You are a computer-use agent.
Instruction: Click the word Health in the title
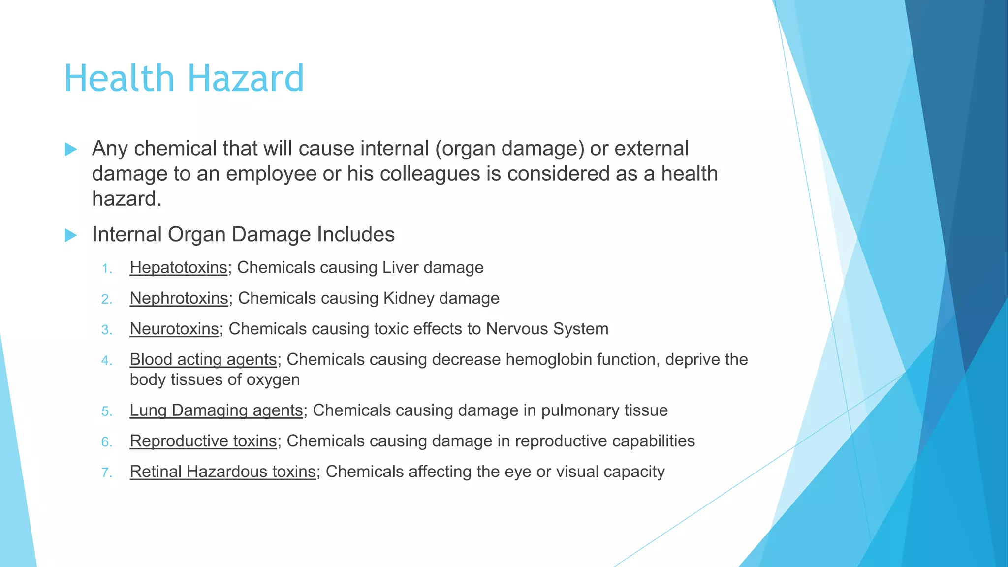pyautogui.click(x=120, y=79)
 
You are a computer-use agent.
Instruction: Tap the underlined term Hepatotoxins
pyautogui.click(x=178, y=268)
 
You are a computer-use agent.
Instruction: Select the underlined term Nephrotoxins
pyautogui.click(x=179, y=298)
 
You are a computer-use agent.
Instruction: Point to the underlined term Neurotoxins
pyautogui.click(x=174, y=329)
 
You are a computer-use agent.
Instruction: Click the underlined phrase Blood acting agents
pyautogui.click(x=203, y=360)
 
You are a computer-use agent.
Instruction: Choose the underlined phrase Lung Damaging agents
pyautogui.click(x=216, y=410)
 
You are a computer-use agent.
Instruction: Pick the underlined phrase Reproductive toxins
pyautogui.click(x=203, y=441)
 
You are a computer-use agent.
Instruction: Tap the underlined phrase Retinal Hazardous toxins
pyautogui.click(x=222, y=472)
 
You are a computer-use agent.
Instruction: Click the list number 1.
pyautogui.click(x=107, y=269)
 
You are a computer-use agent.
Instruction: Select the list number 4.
pyautogui.click(x=107, y=361)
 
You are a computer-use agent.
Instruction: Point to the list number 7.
pyautogui.click(x=107, y=473)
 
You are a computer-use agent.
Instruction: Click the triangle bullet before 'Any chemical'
pyautogui.click(x=71, y=149)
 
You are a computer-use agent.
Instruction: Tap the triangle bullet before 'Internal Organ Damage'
pyautogui.click(x=71, y=235)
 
